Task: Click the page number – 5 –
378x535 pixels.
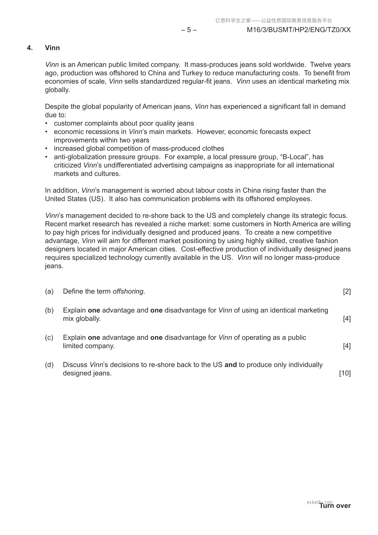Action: click(x=189, y=30)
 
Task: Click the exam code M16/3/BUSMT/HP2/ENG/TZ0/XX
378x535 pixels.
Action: click(x=299, y=30)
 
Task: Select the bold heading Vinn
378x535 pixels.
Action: click(x=52, y=48)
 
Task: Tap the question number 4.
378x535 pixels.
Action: click(x=30, y=48)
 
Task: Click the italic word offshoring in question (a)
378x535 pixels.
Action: click(x=128, y=291)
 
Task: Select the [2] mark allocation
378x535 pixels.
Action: click(x=347, y=291)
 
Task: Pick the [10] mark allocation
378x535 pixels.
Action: click(x=345, y=373)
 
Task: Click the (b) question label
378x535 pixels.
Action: click(x=49, y=310)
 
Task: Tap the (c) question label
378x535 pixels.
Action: click(x=49, y=337)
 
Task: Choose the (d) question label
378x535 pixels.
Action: click(x=49, y=365)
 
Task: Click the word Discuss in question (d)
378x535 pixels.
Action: click(x=75, y=365)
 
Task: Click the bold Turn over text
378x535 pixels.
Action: click(x=335, y=506)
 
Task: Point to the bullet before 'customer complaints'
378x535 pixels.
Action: click(x=46, y=123)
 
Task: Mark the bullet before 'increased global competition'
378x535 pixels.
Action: click(x=46, y=149)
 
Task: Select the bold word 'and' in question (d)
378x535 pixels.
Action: click(x=230, y=365)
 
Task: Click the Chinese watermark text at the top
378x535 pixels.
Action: click(x=274, y=21)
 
